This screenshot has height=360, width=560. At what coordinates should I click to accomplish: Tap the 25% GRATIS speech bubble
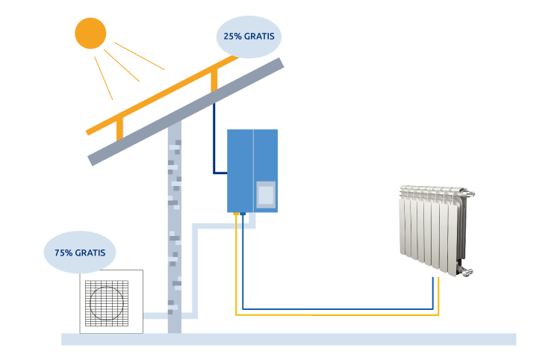click(x=250, y=36)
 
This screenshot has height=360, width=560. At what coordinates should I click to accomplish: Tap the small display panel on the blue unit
click(x=267, y=195)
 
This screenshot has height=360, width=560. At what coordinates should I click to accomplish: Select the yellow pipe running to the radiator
click(x=336, y=314)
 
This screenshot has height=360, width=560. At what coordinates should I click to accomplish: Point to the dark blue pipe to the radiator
click(x=336, y=307)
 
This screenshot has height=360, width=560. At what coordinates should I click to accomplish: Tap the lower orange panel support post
click(x=119, y=128)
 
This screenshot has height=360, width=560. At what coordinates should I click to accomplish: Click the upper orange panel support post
click(x=214, y=79)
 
